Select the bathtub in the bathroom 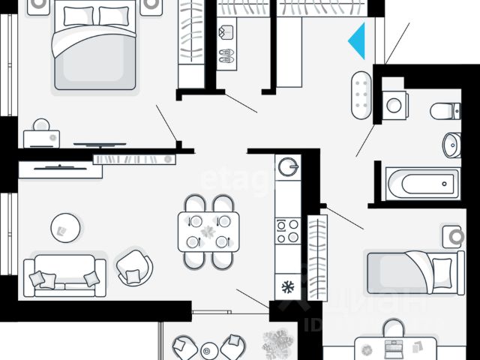(x=421, y=181)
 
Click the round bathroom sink (x=451, y=144)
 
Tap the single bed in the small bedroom (x=410, y=272)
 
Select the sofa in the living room (x=64, y=275)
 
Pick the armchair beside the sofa (x=135, y=265)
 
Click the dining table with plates (x=208, y=231)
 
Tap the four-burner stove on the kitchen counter (x=287, y=229)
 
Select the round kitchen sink (x=287, y=166)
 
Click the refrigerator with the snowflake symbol (x=286, y=286)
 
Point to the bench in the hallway (x=361, y=96)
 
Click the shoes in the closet (x=226, y=55)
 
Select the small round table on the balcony (x=209, y=349)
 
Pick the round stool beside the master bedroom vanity (x=40, y=124)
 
